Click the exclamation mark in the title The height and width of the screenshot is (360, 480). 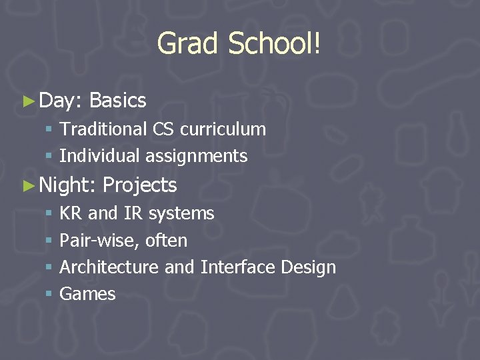[318, 44]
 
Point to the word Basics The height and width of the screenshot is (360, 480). [117, 101]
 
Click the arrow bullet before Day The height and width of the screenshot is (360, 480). [27, 101]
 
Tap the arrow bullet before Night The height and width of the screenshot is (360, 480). [27, 185]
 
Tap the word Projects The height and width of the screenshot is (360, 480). [140, 185]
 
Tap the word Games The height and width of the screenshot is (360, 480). [87, 294]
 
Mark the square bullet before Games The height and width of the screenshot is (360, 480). [49, 294]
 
